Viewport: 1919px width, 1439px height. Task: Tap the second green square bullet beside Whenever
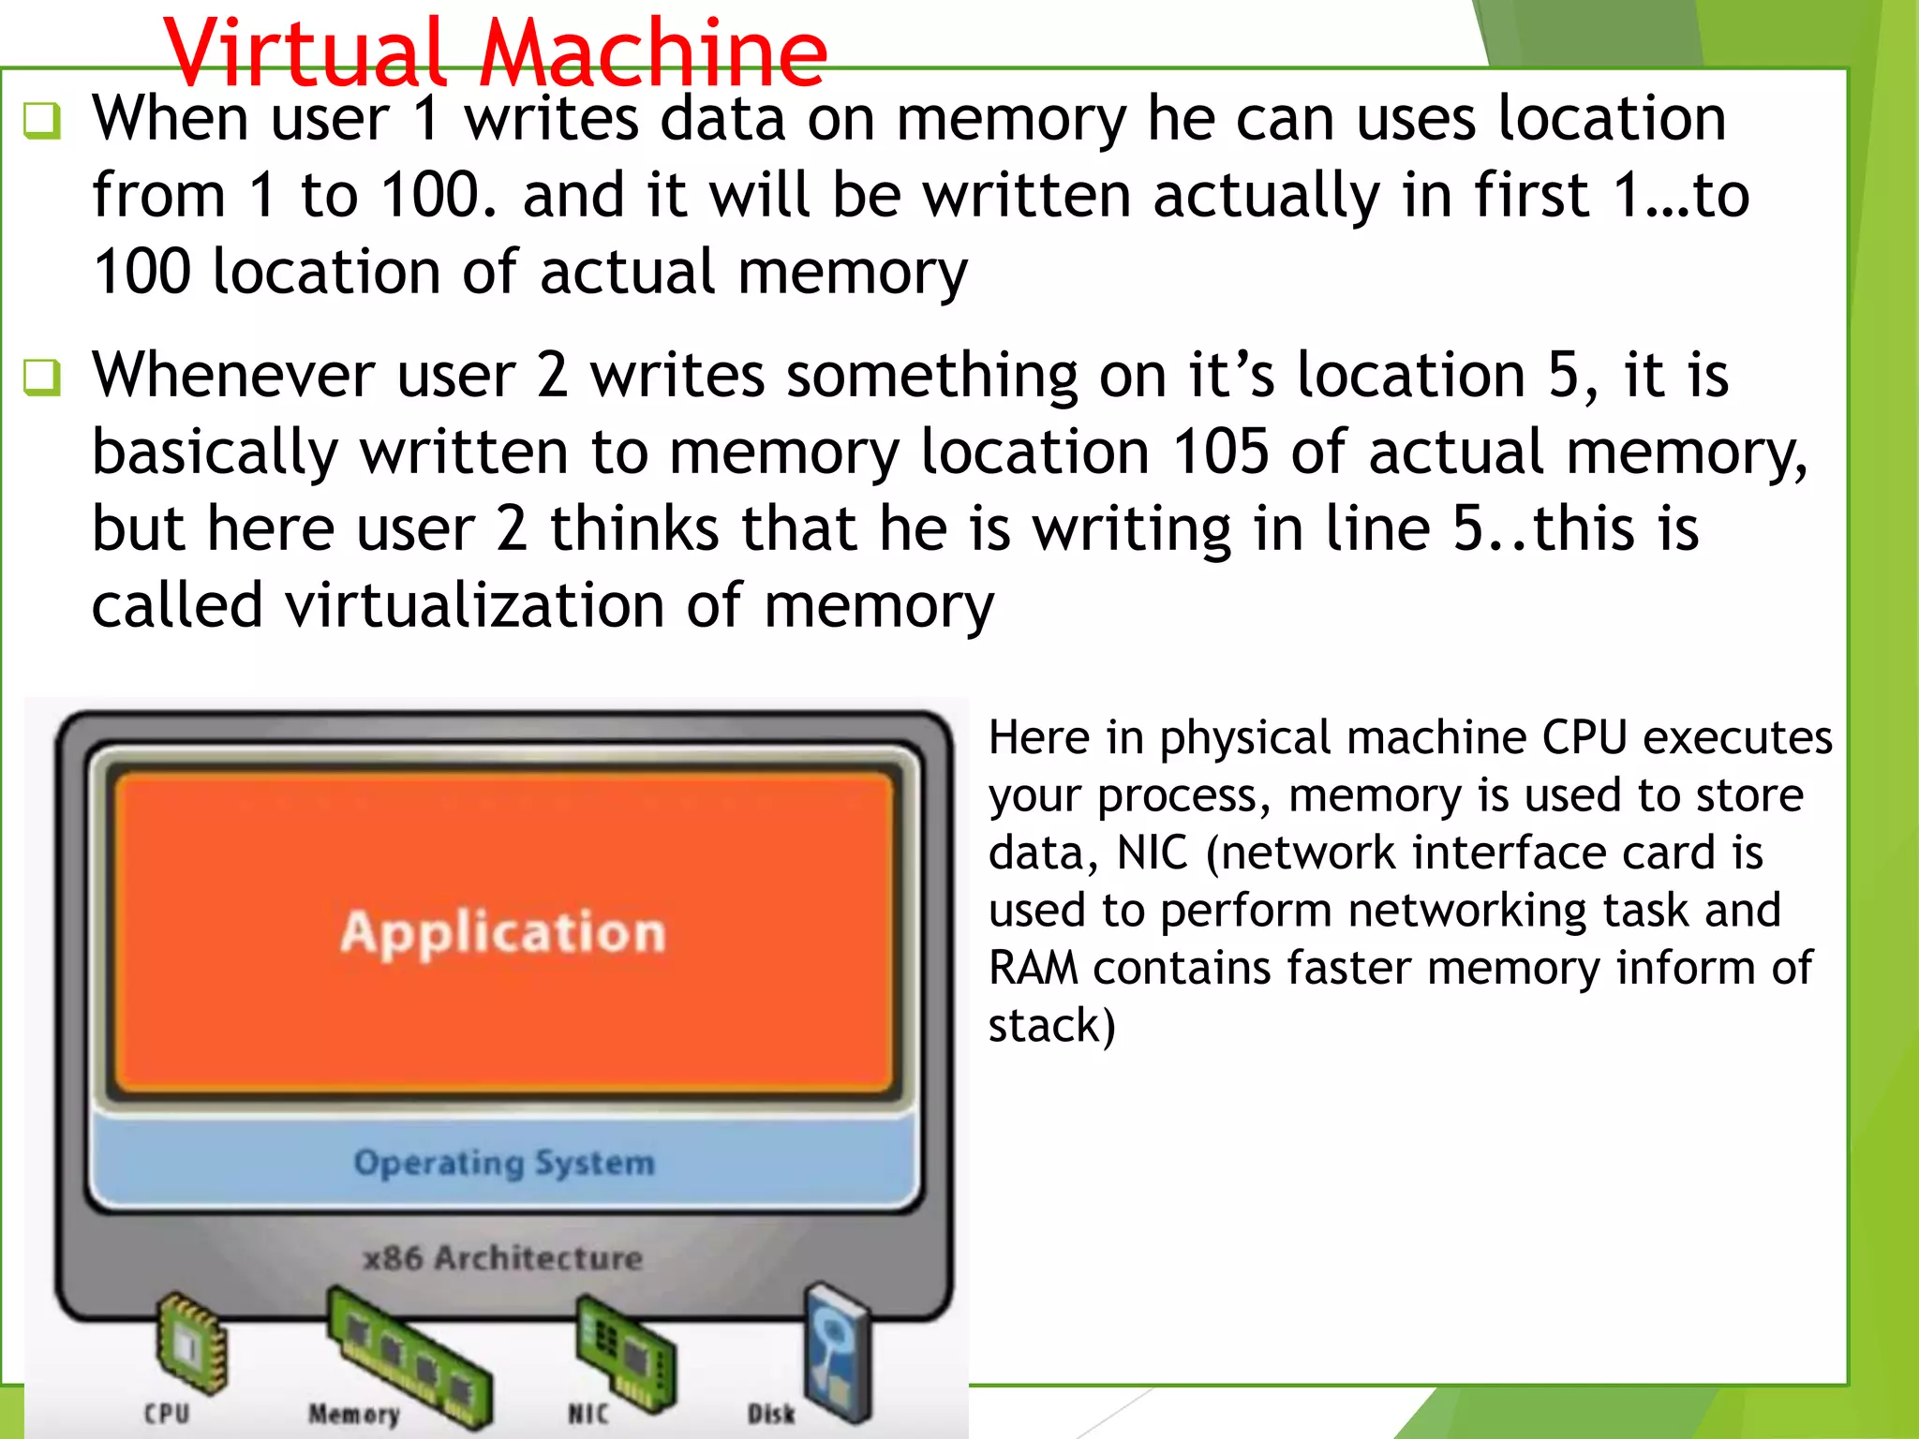pyautogui.click(x=43, y=378)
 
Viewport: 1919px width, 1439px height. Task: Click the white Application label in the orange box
pyautogui.click(x=503, y=933)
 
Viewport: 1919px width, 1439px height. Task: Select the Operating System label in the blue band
pyautogui.click(x=503, y=1163)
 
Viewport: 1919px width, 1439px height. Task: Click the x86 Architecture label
pyautogui.click(x=503, y=1257)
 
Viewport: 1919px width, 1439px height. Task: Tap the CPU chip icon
pyautogui.click(x=190, y=1343)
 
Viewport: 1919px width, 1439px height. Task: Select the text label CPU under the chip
pyautogui.click(x=167, y=1413)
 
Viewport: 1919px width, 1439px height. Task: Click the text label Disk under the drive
pyautogui.click(x=770, y=1413)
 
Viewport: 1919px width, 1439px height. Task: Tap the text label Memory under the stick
pyautogui.click(x=354, y=1413)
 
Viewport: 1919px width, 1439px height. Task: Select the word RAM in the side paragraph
pyautogui.click(x=1033, y=968)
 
